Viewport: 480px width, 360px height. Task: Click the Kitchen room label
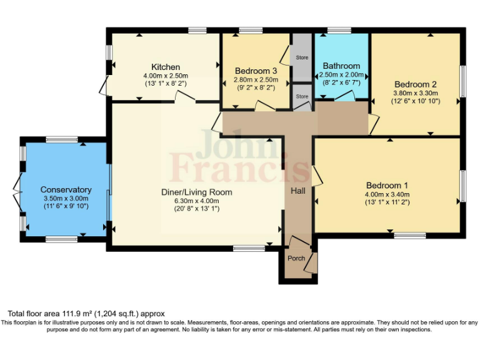tap(166, 67)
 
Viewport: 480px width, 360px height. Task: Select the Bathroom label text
tap(341, 66)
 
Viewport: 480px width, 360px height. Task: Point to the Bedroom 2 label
tap(415, 84)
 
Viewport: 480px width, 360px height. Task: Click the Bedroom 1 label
tap(387, 185)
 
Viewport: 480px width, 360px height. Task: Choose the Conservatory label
tap(66, 189)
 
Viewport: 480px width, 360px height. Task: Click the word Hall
tap(298, 190)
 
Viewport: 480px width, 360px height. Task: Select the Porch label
tap(296, 258)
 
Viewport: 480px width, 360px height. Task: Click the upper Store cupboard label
tap(302, 57)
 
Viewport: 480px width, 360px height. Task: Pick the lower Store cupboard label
tap(302, 96)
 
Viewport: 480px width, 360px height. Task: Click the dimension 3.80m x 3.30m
tap(416, 93)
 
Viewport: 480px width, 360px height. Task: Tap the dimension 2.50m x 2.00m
tap(341, 74)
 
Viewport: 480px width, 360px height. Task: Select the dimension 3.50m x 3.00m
tap(66, 198)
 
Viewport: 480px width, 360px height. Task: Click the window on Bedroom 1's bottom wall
tap(410, 236)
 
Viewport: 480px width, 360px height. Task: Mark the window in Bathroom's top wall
tap(339, 30)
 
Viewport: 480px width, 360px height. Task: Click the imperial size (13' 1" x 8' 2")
tap(165, 83)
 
